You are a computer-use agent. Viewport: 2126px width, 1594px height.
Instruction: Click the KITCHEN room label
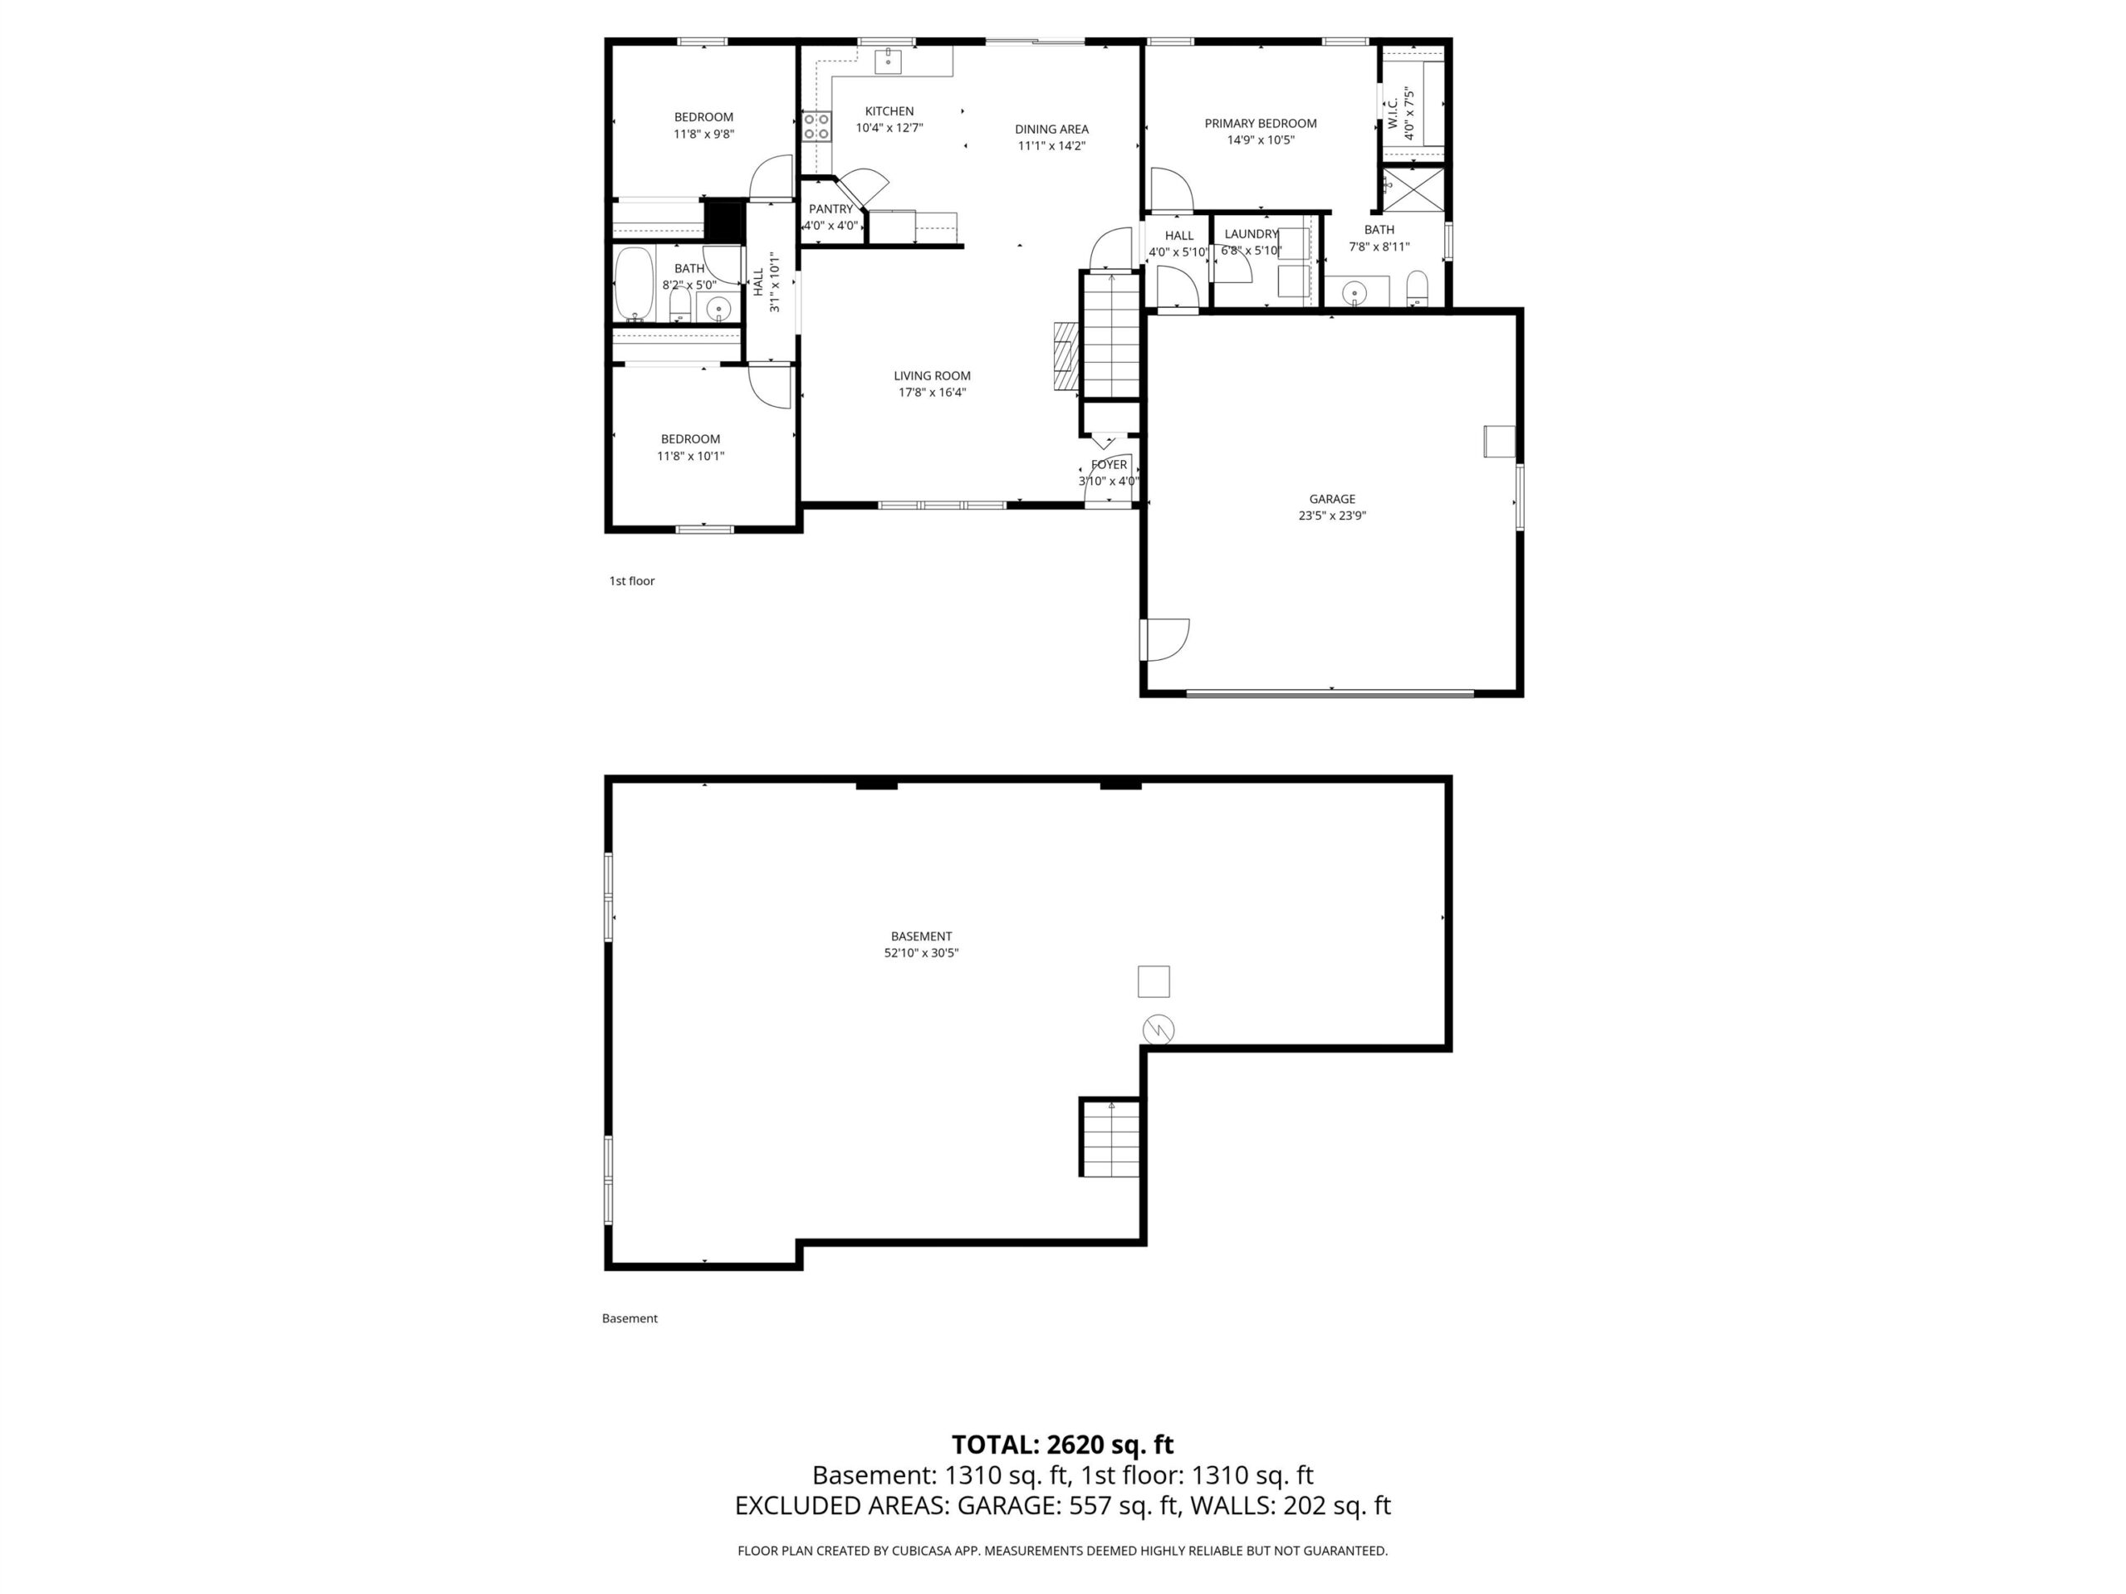click(889, 111)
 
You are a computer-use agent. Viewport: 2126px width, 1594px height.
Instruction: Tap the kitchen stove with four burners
click(817, 127)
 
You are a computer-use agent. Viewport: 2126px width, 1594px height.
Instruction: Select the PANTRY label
click(830, 209)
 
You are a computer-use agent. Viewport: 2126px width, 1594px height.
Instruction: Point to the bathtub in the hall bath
click(634, 285)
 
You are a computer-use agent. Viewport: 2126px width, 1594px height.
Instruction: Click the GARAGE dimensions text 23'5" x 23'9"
click(1332, 516)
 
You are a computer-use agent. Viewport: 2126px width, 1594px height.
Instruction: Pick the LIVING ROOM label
click(933, 376)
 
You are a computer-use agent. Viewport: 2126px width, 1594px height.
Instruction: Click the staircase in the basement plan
click(1111, 1137)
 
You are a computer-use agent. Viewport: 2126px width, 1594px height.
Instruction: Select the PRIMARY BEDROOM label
click(1261, 123)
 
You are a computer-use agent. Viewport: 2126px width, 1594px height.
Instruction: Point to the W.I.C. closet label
click(1392, 115)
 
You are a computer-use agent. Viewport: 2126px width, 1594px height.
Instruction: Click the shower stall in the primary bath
click(1413, 188)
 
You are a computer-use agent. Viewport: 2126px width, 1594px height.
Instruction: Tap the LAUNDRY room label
click(1252, 233)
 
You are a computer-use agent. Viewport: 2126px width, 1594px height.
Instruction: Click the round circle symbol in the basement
click(1159, 1030)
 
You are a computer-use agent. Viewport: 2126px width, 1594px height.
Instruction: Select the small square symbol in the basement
click(1154, 981)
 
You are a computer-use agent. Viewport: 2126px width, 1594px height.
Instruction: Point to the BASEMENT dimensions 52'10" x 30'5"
click(922, 953)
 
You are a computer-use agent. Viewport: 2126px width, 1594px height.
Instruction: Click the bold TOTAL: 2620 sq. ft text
click(1062, 1445)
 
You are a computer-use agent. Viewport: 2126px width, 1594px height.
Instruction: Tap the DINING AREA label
click(1051, 129)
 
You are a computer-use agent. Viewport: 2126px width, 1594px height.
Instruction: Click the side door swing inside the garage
click(1165, 639)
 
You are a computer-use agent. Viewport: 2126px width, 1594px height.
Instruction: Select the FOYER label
click(1110, 465)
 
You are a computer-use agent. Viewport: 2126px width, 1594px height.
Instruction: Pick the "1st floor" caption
click(631, 580)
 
